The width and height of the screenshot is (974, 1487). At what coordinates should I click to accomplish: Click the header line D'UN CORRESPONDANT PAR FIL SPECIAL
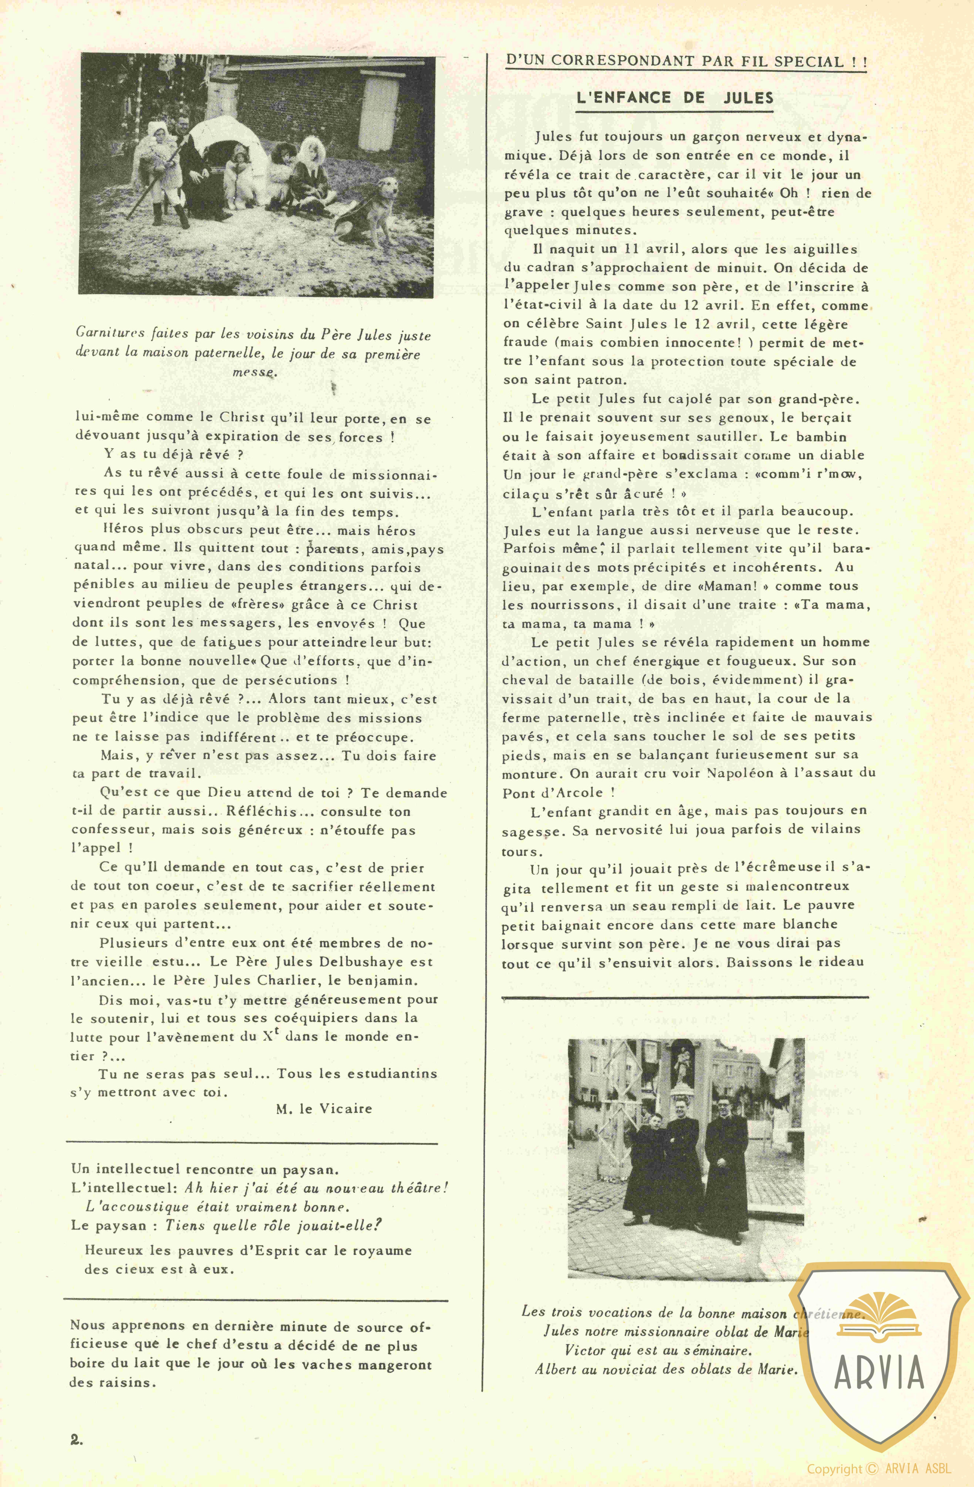click(686, 61)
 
